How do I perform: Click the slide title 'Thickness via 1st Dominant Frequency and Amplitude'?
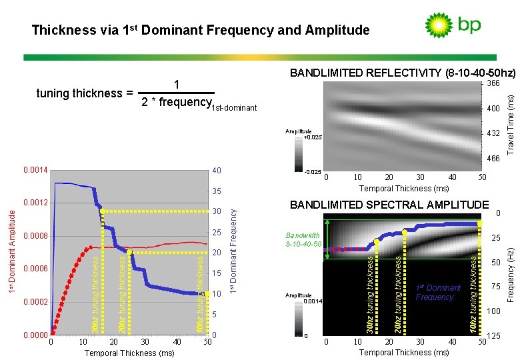(x=200, y=30)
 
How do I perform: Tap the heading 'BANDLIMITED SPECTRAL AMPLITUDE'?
(x=389, y=205)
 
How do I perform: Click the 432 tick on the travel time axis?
(x=493, y=133)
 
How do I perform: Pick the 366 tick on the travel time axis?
(x=493, y=83)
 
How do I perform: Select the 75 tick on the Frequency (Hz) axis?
(x=495, y=287)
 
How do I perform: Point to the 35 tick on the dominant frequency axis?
(x=216, y=191)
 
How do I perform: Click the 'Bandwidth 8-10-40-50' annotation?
(x=303, y=239)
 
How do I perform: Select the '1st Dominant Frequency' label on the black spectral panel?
(x=438, y=293)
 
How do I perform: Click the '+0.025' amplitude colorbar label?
(x=313, y=137)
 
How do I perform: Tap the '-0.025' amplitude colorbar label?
(x=312, y=172)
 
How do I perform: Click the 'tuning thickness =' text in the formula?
(x=83, y=93)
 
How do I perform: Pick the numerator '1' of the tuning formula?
(x=176, y=85)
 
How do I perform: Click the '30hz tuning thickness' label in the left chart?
(x=95, y=293)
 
